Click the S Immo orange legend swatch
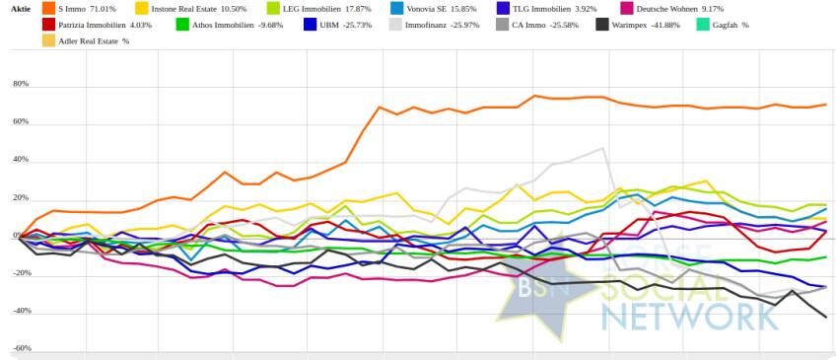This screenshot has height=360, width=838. (x=48, y=9)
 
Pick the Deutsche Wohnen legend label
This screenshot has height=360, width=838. (x=680, y=9)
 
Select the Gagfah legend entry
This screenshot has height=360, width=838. (x=722, y=25)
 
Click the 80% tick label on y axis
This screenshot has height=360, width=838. (x=22, y=85)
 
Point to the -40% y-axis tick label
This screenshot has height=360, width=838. (x=21, y=311)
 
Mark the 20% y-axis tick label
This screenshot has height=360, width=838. (x=22, y=197)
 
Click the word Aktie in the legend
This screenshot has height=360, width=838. (x=21, y=9)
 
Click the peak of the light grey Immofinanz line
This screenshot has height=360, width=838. (x=602, y=148)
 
